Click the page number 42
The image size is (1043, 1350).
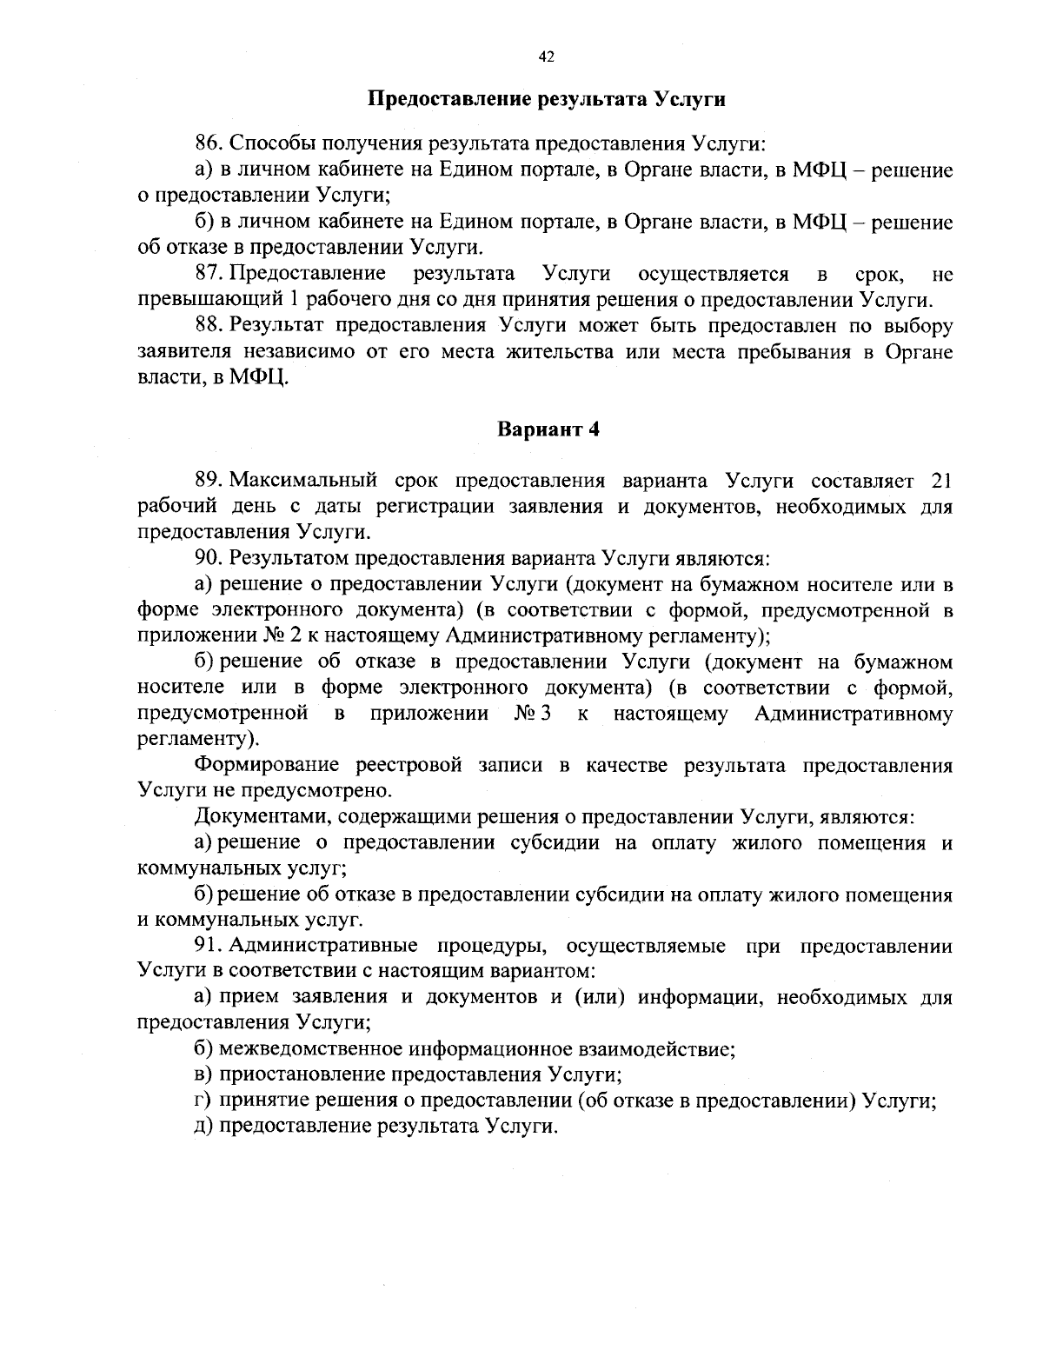point(547,57)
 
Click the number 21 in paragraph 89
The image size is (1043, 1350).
point(941,480)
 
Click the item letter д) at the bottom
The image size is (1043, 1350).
point(202,1127)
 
